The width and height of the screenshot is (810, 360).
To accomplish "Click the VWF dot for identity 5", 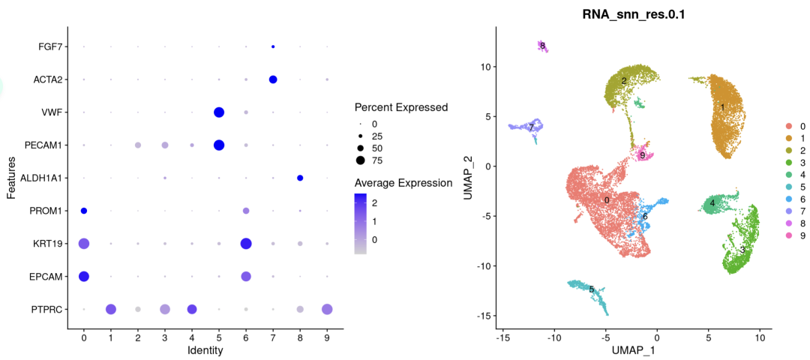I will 219,112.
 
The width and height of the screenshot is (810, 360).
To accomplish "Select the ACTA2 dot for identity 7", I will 273,79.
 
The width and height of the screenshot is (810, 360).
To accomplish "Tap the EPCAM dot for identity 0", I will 84,276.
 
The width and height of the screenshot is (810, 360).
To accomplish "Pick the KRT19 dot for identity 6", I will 246,243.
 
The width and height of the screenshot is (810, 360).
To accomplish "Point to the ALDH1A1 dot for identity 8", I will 300,178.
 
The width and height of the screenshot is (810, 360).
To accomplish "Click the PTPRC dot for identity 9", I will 327,309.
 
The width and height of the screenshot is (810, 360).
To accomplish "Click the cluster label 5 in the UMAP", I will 592,289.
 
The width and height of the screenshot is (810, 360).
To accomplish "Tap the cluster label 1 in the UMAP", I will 722,107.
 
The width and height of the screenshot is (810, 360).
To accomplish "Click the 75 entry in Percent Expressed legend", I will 360,160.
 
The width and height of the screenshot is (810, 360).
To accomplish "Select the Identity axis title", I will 205,349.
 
